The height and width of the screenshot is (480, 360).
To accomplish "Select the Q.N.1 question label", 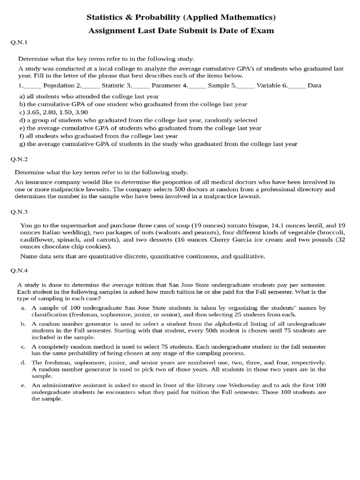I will coord(19,43).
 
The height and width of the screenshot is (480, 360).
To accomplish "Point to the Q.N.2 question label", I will coord(19,159).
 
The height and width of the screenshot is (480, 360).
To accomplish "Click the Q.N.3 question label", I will coord(19,211).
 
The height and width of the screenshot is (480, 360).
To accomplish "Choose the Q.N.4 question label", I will coord(19,270).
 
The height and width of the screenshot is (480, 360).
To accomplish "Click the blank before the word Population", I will coord(32,86).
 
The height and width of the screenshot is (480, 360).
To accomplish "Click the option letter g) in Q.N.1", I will coord(22,144).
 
